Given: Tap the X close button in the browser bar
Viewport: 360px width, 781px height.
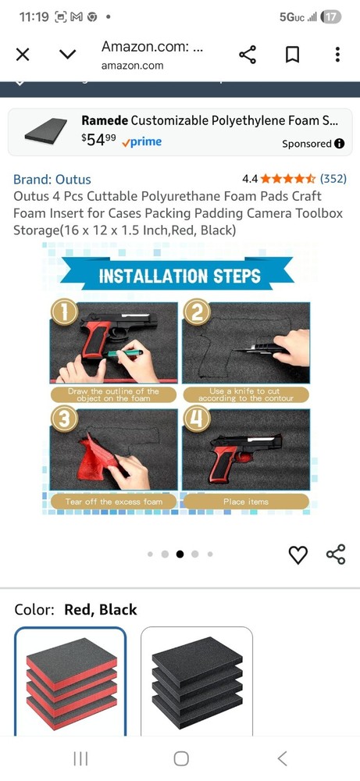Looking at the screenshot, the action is tap(23, 55).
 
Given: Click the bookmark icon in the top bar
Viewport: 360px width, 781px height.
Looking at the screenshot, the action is tap(292, 55).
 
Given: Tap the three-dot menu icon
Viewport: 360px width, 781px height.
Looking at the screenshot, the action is tap(337, 55).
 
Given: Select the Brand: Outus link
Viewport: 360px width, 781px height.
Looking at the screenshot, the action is tap(52, 180).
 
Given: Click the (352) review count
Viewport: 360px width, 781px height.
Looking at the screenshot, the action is tap(333, 178).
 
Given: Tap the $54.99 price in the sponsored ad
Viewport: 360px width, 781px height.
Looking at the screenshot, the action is tap(98, 141).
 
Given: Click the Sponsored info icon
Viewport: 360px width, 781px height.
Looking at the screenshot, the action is tap(340, 144).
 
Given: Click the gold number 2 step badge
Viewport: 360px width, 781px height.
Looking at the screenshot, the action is tap(197, 313).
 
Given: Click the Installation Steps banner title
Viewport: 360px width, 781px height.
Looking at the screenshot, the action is tap(180, 276).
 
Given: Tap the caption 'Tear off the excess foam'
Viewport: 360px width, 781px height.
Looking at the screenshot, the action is tap(113, 501).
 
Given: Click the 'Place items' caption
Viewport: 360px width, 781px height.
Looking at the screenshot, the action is tap(246, 501).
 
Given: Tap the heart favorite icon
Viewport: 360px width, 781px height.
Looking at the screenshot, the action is tap(298, 555).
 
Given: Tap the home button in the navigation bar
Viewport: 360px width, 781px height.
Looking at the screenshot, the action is tap(180, 758).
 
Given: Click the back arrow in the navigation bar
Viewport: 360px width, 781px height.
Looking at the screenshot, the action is tap(283, 758).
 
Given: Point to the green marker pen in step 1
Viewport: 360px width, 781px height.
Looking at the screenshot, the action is tap(123, 353).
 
